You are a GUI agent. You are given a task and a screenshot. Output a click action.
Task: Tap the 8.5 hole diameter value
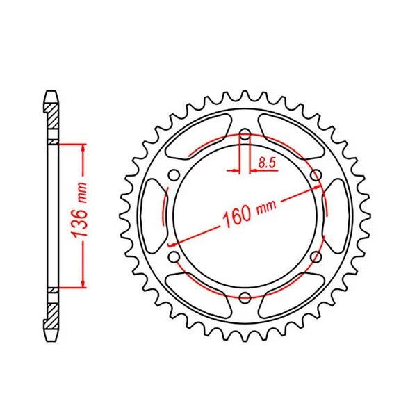[265, 163]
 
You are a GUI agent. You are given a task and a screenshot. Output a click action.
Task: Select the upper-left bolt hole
[174, 175]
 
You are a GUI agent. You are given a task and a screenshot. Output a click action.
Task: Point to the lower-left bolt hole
[174, 257]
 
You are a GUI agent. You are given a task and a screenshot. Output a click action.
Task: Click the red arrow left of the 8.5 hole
[233, 168]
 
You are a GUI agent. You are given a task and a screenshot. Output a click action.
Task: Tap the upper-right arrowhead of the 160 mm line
[316, 187]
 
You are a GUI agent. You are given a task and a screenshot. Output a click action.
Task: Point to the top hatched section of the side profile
[52, 117]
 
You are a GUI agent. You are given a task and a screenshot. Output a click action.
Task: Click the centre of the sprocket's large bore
[245, 217]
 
